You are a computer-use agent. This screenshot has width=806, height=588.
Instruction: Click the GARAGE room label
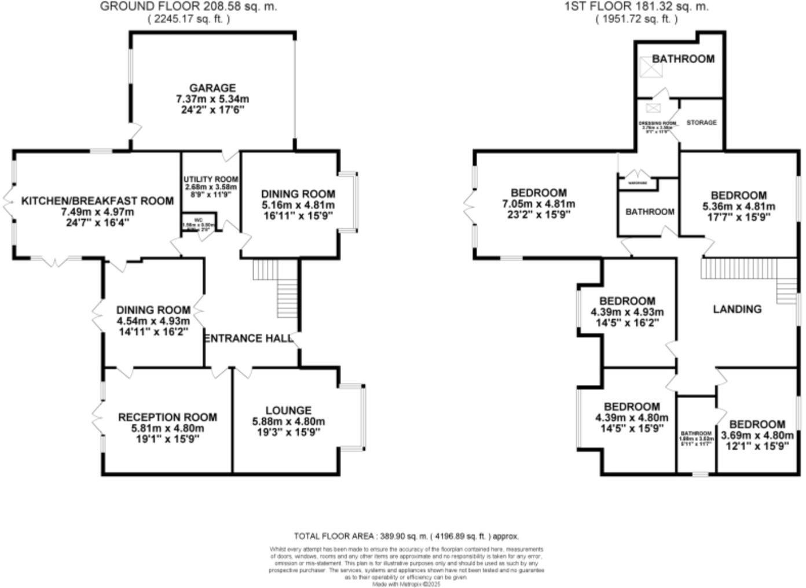click(x=213, y=88)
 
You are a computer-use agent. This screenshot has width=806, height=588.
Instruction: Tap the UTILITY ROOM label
click(x=211, y=179)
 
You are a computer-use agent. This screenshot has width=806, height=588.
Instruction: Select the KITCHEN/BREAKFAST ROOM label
click(x=97, y=201)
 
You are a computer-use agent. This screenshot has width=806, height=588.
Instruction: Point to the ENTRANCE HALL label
click(x=249, y=339)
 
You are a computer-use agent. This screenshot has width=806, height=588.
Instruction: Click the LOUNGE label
click(x=288, y=410)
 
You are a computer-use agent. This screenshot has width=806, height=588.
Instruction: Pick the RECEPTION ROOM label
click(x=167, y=417)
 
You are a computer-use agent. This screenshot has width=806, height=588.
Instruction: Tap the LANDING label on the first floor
click(x=737, y=309)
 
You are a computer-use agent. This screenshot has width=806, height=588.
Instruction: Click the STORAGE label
click(x=701, y=123)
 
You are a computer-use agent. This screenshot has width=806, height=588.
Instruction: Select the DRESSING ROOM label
click(x=657, y=123)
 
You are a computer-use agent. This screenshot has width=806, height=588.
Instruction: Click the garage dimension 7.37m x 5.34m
click(x=213, y=99)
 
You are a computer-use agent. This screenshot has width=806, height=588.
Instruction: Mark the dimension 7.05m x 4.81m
click(x=538, y=204)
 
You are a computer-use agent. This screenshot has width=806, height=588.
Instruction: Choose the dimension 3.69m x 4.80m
click(x=757, y=435)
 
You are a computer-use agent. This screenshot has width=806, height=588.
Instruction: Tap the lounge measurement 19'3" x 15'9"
click(x=288, y=432)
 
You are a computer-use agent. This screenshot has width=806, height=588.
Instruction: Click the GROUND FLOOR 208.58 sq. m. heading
click(x=189, y=7)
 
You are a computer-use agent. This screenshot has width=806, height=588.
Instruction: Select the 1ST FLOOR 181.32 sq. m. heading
click(x=636, y=7)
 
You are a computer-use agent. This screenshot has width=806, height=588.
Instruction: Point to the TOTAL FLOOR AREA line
click(x=406, y=536)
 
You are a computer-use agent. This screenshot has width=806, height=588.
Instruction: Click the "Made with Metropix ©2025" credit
click(x=406, y=585)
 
